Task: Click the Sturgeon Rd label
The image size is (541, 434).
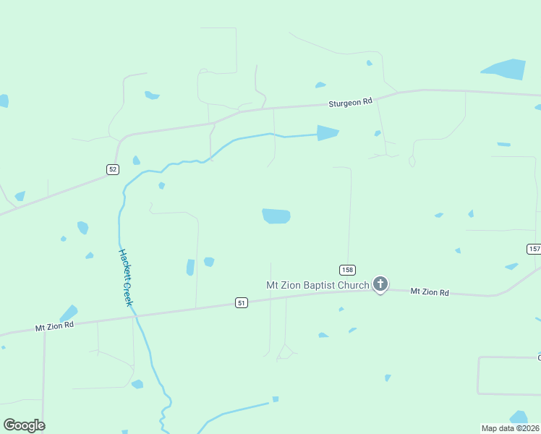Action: click(x=350, y=103)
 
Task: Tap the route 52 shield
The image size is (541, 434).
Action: click(x=112, y=169)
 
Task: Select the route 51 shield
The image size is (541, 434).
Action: click(x=242, y=302)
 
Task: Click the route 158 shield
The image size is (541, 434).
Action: click(x=348, y=270)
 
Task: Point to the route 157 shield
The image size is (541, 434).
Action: click(x=534, y=249)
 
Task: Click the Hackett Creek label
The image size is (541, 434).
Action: click(x=125, y=277)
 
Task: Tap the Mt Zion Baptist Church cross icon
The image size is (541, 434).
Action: click(x=380, y=284)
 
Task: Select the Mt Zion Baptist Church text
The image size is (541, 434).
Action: click(x=318, y=285)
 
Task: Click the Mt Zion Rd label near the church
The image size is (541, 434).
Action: click(x=430, y=292)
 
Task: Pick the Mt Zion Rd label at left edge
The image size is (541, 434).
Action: click(x=55, y=326)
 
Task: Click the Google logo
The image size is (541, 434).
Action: click(x=24, y=425)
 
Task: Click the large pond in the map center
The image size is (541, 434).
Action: click(x=276, y=216)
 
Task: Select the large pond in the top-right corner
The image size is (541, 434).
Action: click(x=505, y=69)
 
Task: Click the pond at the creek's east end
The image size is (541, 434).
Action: click(x=327, y=133)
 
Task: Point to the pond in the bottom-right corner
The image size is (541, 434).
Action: click(x=519, y=417)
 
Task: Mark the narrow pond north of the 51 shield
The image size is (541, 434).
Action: click(x=190, y=268)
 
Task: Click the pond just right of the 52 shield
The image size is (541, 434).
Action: click(x=136, y=161)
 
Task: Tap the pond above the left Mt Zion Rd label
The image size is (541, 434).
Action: click(x=69, y=313)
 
